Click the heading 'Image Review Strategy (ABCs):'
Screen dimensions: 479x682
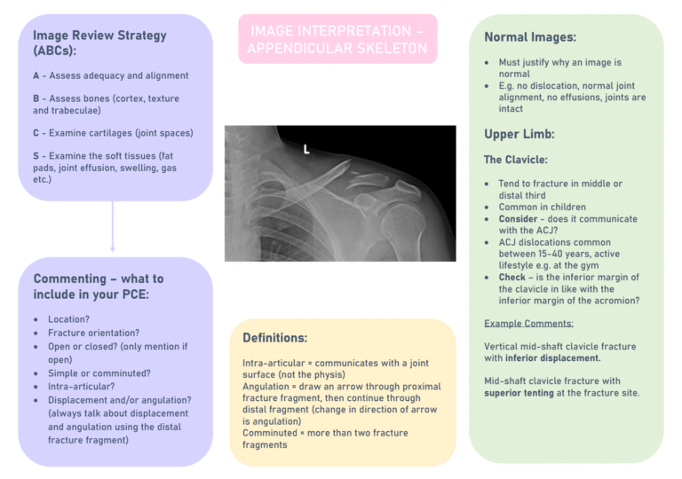[99, 43]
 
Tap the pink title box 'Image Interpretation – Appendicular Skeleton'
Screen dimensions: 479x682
[337, 40]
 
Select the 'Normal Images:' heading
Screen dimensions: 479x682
[530, 37]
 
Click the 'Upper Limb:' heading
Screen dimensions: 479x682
[519, 135]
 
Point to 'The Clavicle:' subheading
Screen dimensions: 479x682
[516, 160]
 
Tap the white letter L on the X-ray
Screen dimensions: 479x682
[306, 149]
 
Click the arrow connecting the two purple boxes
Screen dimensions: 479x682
[113, 226]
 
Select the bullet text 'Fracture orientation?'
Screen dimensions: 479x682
[93, 333]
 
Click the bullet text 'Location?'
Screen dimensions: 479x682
[69, 319]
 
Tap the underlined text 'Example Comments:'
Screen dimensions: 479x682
[528, 323]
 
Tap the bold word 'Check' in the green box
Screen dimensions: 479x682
[514, 277]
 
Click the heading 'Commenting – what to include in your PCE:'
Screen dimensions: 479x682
[99, 287]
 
